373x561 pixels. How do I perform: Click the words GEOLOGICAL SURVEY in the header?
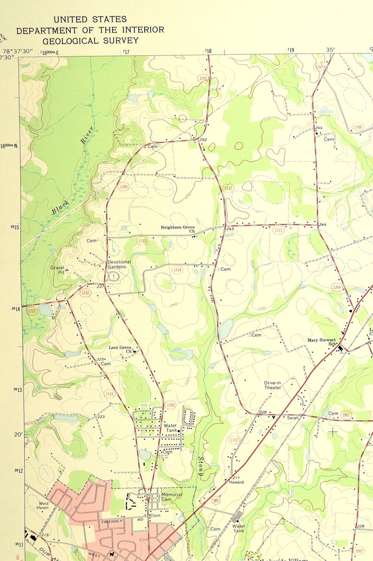91,41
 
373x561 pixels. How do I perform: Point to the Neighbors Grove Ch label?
178,229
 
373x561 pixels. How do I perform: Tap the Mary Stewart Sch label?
322,342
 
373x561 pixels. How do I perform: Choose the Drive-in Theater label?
273,385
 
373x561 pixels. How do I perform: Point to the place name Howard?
237,483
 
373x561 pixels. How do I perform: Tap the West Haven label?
43,506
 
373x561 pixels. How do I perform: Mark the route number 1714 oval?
177,270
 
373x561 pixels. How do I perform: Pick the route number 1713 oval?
142,241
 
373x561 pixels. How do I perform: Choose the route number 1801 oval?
347,414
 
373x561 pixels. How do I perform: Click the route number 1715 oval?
109,394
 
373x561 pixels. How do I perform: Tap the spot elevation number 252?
203,140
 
